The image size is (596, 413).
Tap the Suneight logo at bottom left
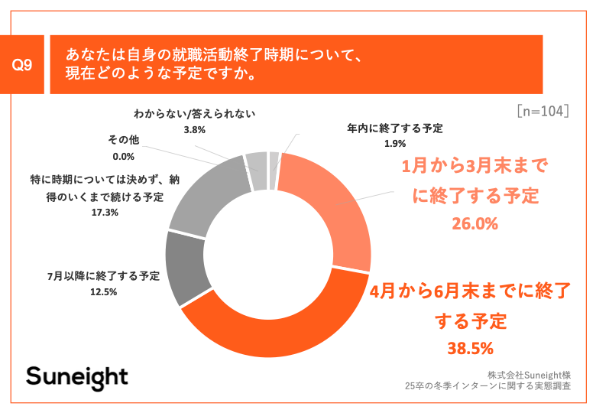tap(77, 377)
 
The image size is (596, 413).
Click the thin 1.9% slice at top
tap(274, 160)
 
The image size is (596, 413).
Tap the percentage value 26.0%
tap(476, 224)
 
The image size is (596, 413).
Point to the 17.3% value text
tap(104, 213)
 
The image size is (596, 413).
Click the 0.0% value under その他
tap(122, 157)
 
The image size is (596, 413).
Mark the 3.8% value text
tap(194, 130)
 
